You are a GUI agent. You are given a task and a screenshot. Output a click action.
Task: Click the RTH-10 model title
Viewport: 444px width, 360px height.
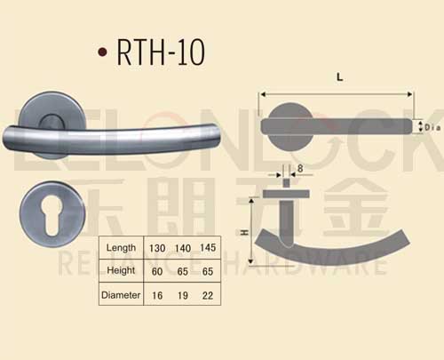coord(161,52)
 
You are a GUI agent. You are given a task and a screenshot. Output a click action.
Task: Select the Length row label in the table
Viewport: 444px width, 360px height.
coord(121,247)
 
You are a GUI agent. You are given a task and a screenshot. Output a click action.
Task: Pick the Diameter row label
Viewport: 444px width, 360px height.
coord(122,295)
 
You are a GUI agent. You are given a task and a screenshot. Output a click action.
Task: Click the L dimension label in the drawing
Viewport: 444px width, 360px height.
coord(339,77)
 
